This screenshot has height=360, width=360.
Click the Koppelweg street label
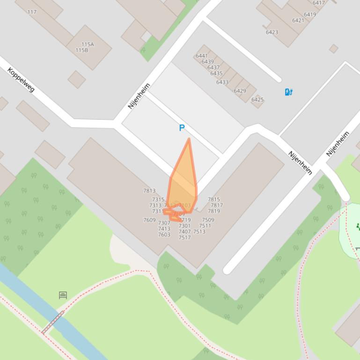coord(21,79)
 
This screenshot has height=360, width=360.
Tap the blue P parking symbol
coord(182,128)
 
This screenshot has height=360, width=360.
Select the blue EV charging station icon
coord(289,92)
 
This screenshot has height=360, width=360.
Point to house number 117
coord(32,12)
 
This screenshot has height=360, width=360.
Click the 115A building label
coord(88,44)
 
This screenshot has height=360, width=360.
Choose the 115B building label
coord(82,50)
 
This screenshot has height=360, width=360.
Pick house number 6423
coord(272,32)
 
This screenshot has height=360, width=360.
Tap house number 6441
coord(202,56)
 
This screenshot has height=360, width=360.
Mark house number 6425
coord(257,100)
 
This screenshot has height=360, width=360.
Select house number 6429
coord(240,91)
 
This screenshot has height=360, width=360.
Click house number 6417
coord(318,3)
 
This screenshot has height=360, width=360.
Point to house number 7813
coord(149,191)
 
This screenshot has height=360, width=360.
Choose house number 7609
coord(149,220)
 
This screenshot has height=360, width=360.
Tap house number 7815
coord(214,200)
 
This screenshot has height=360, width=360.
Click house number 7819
coord(214,211)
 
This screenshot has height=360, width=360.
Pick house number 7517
coord(184,238)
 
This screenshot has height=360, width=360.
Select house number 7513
coord(199,231)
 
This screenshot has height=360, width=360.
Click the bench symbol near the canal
coord(63,295)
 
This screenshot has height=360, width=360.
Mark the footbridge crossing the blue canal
coord(53,323)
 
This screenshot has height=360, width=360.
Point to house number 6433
coord(222,82)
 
